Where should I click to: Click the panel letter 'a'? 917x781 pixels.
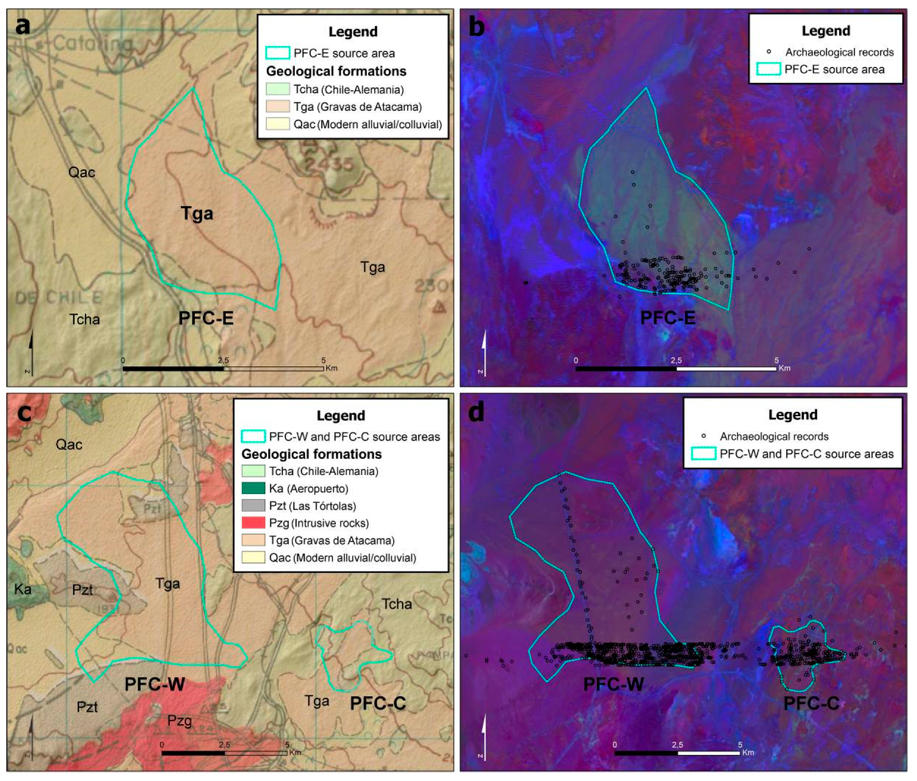coord(23,25)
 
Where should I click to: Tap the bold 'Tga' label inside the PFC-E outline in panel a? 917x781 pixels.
coord(197,213)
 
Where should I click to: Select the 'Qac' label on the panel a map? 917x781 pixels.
coord(82,172)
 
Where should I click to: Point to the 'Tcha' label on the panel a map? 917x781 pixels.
coord(85,319)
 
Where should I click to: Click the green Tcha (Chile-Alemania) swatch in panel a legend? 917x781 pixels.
coord(278,89)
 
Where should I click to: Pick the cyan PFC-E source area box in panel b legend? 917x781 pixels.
coord(768,69)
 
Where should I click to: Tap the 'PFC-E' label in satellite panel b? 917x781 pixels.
coord(668,318)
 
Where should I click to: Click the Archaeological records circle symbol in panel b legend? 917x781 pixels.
coord(769,51)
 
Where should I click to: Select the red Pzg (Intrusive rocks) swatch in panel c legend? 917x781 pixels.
coord(253,523)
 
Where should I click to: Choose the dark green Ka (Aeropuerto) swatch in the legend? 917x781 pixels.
coord(253,488)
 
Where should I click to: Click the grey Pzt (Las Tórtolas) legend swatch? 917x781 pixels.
coord(253,505)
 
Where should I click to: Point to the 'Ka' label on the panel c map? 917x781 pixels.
coord(23,589)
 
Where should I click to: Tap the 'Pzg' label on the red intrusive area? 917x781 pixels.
coord(180,720)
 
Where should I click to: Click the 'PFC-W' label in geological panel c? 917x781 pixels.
coord(155,684)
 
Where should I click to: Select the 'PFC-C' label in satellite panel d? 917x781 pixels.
coord(811,704)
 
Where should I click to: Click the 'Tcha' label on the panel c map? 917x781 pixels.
coord(397,604)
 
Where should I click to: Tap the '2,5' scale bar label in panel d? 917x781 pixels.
coord(677,744)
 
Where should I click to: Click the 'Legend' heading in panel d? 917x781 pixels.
coord(793,415)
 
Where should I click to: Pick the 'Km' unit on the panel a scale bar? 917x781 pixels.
coord(331,368)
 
